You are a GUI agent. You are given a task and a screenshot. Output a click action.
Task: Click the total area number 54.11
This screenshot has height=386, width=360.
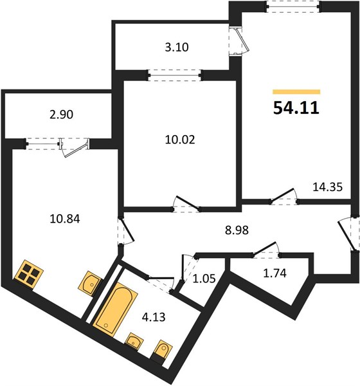(296, 108)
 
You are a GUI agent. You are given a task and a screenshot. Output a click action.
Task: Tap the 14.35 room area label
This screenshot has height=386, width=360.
(327, 187)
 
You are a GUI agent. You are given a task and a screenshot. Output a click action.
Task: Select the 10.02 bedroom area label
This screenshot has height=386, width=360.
(180, 140)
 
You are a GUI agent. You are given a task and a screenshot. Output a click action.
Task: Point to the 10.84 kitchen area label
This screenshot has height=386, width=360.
(65, 219)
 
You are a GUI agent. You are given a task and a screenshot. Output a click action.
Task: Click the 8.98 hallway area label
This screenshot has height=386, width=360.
(237, 230)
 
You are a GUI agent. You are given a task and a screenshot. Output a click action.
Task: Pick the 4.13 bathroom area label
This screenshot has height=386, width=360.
(154, 317)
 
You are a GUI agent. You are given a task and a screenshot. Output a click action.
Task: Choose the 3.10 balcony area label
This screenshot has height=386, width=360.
(177, 47)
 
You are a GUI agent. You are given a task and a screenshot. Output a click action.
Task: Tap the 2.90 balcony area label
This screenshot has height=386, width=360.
(61, 115)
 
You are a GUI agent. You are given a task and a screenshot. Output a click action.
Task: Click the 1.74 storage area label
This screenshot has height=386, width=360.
(275, 273)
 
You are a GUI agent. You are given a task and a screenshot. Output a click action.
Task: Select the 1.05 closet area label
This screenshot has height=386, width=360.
(204, 279)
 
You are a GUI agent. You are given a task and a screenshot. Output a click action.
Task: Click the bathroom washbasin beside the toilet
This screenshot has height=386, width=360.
(134, 341)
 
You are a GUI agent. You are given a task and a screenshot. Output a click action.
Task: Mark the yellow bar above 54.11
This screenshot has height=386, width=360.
(296, 92)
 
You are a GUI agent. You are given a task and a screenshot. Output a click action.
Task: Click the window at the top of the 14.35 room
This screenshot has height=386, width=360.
(293, 6)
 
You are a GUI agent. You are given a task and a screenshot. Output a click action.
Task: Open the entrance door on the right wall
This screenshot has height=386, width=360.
(349, 234)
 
